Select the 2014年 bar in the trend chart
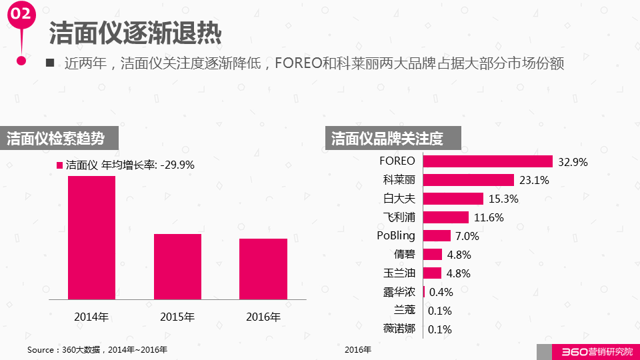tap(91, 237)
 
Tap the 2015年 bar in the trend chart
tap(177, 267)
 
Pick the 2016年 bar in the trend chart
tap(263, 269)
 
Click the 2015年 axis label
tap(177, 317)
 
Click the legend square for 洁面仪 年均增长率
tap(59, 165)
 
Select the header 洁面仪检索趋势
tap(56, 139)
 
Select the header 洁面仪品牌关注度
tap(387, 139)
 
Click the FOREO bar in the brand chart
tap(487, 161)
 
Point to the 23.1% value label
tap(533, 180)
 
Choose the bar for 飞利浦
tap(445, 217)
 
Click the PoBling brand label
tap(395, 235)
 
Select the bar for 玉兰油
tap(432, 273)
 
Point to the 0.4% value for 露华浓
tap(441, 292)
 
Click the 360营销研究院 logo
tap(587, 352)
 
